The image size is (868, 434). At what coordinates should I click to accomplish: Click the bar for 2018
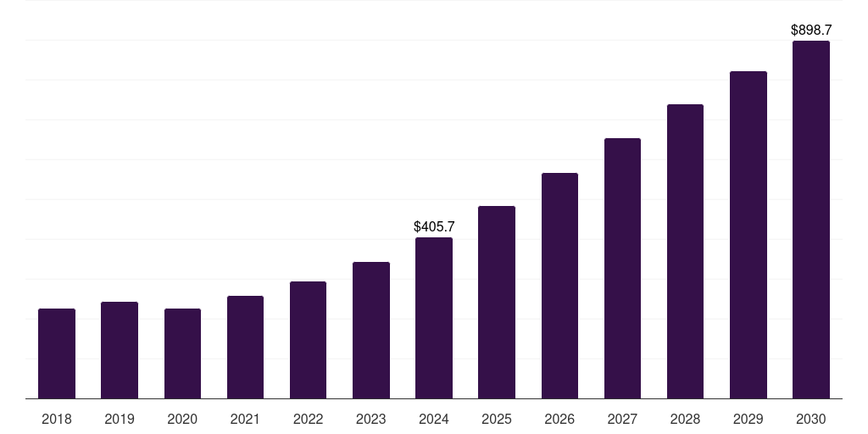click(x=57, y=353)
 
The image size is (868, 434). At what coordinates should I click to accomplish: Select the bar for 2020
click(x=182, y=353)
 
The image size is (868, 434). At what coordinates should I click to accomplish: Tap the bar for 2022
click(x=308, y=340)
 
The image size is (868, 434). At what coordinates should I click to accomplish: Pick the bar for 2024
click(x=434, y=318)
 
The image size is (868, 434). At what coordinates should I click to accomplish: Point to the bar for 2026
click(x=559, y=286)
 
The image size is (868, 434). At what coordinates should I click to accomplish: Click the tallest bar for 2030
click(x=810, y=220)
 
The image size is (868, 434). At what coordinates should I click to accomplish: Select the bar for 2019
click(x=120, y=350)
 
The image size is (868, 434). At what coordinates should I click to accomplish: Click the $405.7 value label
click(x=434, y=227)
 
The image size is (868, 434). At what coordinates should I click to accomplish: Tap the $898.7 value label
click(x=810, y=31)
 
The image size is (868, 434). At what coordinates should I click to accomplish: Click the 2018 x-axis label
click(x=57, y=420)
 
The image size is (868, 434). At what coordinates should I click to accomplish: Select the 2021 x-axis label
click(x=245, y=420)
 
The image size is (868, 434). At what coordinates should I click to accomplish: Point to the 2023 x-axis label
click(x=370, y=420)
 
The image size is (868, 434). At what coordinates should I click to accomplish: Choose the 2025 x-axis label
click(x=497, y=420)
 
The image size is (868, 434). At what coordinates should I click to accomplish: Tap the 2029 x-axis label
click(x=748, y=420)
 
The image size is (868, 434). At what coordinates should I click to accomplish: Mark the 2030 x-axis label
click(x=810, y=420)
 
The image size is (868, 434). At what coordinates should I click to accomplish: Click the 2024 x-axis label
click(x=434, y=420)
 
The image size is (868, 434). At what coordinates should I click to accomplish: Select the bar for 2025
click(x=497, y=302)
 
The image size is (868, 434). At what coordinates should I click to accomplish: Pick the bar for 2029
click(x=748, y=235)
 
